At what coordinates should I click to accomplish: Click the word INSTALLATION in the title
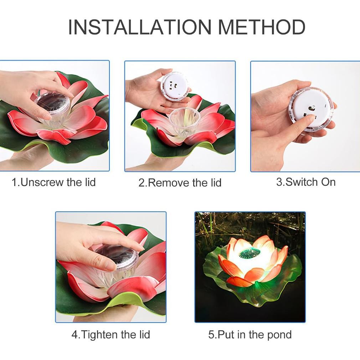(140, 27)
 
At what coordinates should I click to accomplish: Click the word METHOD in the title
(262, 27)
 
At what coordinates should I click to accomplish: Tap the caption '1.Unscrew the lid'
(54, 182)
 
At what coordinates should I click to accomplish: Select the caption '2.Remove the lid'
(180, 183)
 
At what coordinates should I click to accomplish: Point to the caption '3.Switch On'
(306, 182)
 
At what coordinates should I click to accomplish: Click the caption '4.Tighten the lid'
(111, 335)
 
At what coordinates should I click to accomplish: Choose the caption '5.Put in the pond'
(250, 335)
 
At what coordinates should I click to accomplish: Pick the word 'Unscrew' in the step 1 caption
(42, 182)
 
